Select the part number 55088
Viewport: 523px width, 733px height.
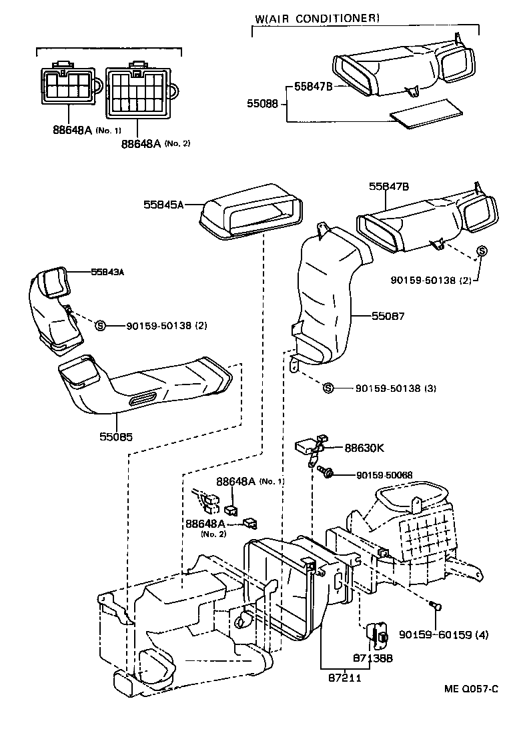[262, 104]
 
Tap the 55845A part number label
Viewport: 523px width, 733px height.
[163, 205]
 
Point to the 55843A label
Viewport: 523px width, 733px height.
[110, 271]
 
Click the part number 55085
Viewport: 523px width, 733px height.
[116, 438]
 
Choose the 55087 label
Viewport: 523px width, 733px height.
[388, 318]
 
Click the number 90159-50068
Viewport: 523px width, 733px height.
[384, 474]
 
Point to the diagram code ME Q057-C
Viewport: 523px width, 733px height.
[471, 688]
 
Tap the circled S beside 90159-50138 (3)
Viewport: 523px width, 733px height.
[328, 388]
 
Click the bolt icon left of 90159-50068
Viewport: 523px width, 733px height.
[327, 473]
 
